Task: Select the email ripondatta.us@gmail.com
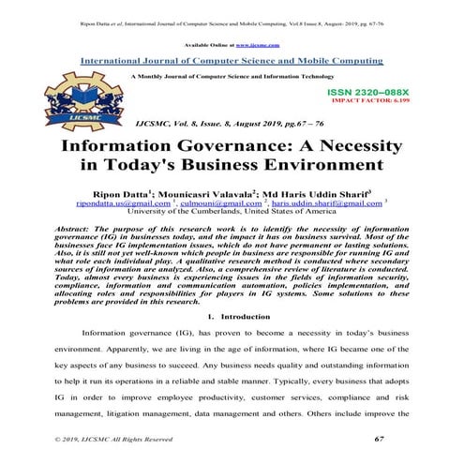123,202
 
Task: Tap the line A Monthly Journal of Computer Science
232,74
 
